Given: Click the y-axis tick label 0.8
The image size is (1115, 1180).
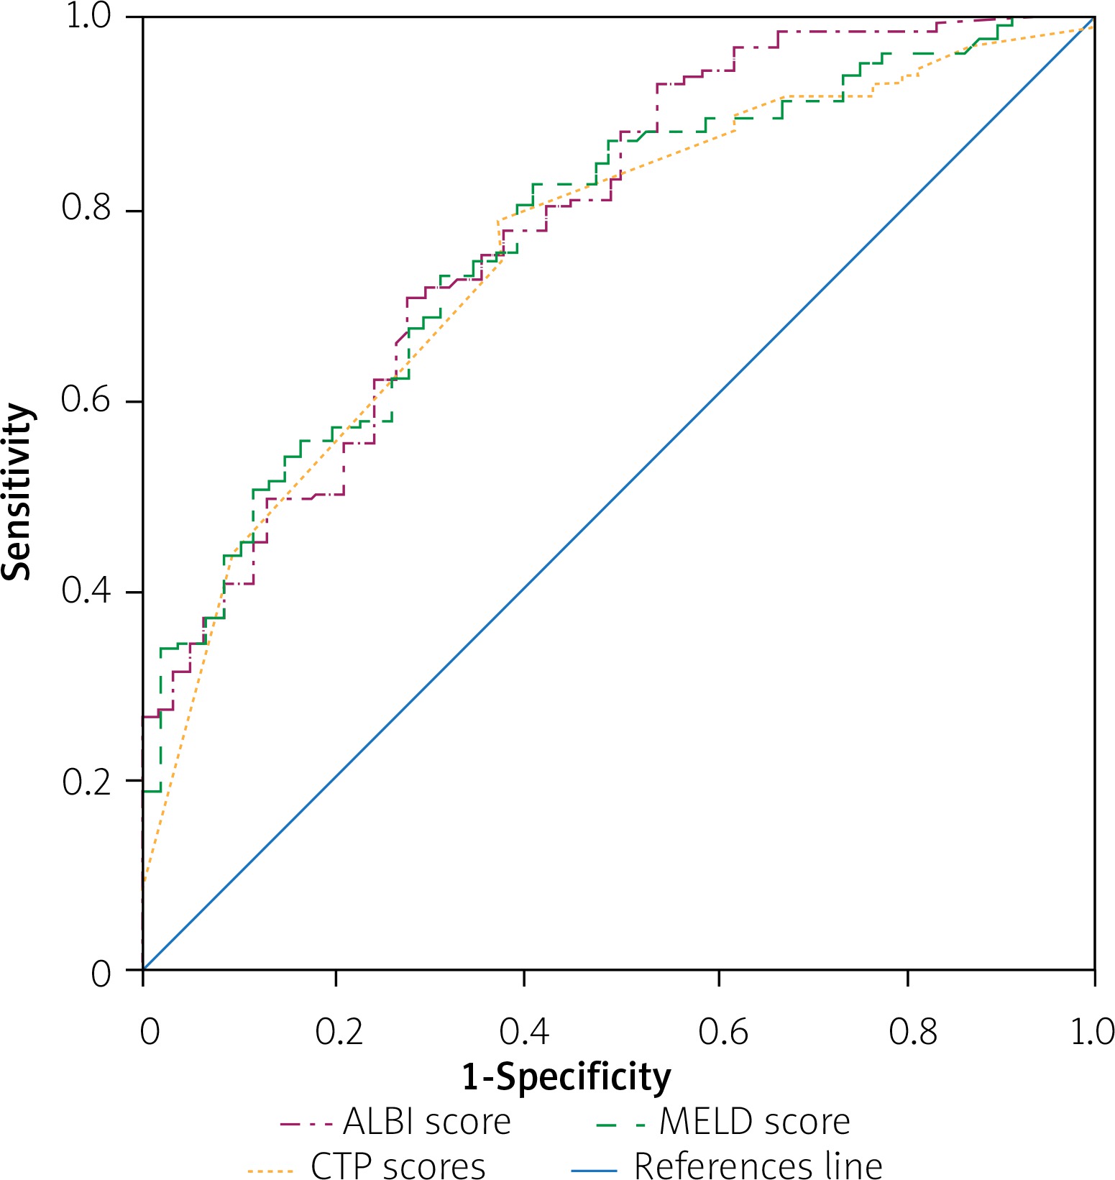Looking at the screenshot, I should [x=87, y=208].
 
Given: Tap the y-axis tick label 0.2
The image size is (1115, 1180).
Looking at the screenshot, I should [x=87, y=781].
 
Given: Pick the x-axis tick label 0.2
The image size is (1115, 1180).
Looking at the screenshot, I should [x=339, y=1032].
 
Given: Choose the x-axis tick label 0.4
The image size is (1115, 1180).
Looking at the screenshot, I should [x=525, y=1032].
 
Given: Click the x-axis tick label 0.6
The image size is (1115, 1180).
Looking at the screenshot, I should [x=722, y=1032].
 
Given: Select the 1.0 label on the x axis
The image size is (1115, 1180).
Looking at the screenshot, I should [x=1092, y=1032].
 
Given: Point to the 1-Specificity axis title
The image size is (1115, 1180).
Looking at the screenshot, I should [x=566, y=1077].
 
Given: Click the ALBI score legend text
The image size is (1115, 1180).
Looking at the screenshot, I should [x=427, y=1122].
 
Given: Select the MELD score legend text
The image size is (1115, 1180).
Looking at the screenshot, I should [x=755, y=1122].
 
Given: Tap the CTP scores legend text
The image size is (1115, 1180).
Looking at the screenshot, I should [x=398, y=1166].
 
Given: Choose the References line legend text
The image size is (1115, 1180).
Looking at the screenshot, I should [x=758, y=1166].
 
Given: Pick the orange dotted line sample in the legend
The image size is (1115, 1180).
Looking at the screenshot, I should [x=270, y=1170].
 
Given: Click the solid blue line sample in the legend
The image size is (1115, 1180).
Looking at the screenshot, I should [x=594, y=1170].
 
